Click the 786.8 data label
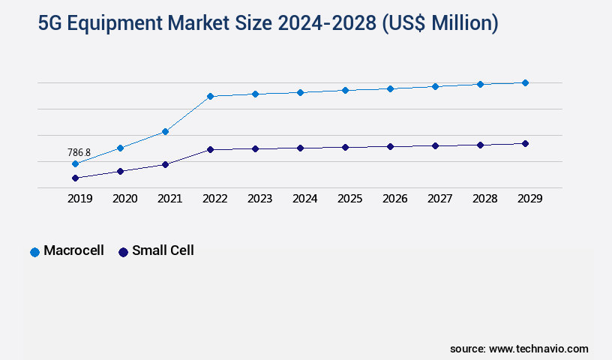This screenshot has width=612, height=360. pos(79,152)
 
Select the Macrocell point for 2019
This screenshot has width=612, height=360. pos(75,163)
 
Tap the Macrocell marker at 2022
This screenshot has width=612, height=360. pos(210,96)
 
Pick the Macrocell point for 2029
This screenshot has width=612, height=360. pos(525,82)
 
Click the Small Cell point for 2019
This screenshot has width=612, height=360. pos(75,178)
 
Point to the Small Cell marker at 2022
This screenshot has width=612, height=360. pos(210,149)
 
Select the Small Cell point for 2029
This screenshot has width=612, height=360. pos(525,143)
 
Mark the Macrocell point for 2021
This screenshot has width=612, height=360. pos(165,131)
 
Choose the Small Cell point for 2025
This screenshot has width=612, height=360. pos(345,147)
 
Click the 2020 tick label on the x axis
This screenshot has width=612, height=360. pos(124,199)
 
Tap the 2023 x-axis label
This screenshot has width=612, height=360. pos(259,199)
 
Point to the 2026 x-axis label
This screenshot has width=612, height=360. pos(394,199)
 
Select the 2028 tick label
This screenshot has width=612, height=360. pos(484,199)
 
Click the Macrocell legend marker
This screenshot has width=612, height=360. pos(34,252)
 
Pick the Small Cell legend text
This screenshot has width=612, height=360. pos(163,250)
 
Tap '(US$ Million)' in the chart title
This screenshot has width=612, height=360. pos(439,24)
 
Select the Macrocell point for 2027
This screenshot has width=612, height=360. pos(435,86)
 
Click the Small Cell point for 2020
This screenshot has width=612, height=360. pos(120,171)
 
